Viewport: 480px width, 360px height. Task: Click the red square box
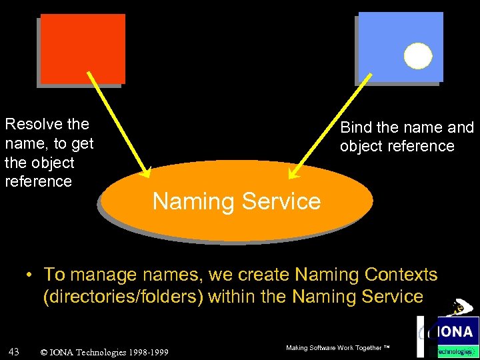[x=83, y=49]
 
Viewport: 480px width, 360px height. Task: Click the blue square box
[x=400, y=47]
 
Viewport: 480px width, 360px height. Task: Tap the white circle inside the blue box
[x=418, y=56]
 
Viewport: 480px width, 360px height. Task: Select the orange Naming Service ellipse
[x=237, y=200]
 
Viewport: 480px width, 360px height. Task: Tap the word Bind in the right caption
[x=354, y=127]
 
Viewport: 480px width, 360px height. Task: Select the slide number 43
[x=13, y=351]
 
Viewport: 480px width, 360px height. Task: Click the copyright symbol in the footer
[x=44, y=352]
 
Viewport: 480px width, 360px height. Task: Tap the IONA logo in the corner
[x=453, y=331]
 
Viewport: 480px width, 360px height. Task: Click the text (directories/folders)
[x=123, y=297]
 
